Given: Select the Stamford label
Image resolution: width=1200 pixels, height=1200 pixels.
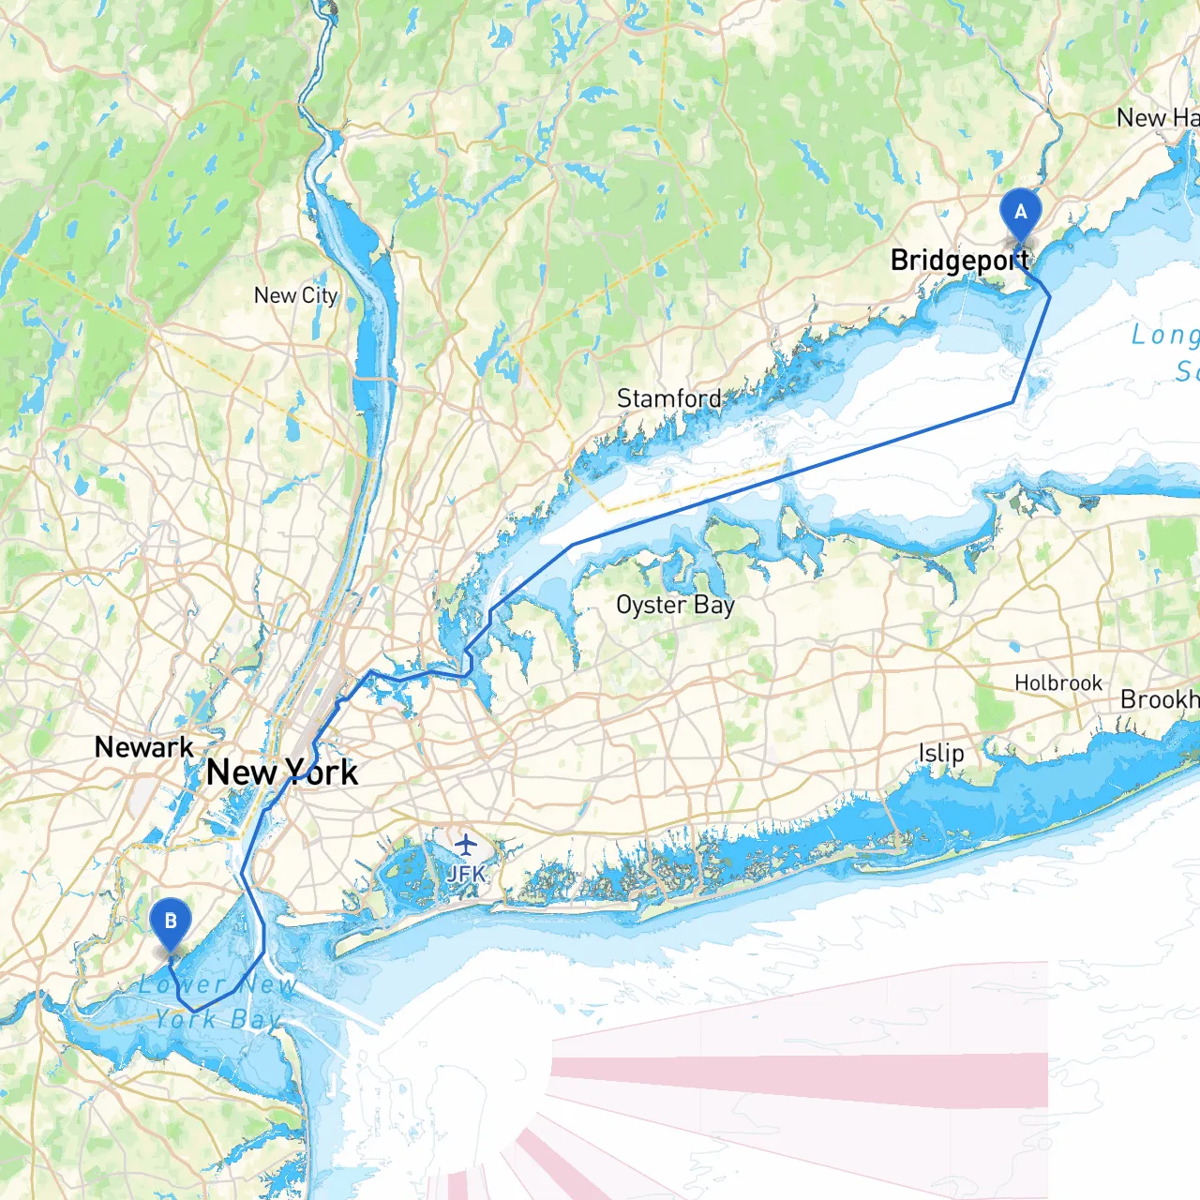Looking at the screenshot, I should (x=669, y=398).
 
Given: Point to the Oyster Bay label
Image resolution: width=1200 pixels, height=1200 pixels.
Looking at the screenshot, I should (x=675, y=606).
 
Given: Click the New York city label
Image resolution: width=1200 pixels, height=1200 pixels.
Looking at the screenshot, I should (x=282, y=772).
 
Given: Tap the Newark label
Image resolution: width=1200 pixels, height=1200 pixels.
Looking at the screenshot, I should (x=144, y=747).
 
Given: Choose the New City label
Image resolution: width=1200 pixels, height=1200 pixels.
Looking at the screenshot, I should (x=295, y=295).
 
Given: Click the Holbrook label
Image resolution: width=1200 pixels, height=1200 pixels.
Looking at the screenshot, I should (x=1058, y=683).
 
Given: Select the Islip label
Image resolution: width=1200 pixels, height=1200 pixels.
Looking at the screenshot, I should (x=941, y=753).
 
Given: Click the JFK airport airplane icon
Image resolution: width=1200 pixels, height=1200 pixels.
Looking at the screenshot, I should (x=466, y=844).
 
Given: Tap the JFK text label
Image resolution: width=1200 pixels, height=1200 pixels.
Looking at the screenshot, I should (x=466, y=874).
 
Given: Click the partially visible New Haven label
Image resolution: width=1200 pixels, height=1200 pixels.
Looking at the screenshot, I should (x=1158, y=118).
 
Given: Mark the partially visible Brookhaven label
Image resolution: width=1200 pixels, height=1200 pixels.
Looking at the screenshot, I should (x=1160, y=700).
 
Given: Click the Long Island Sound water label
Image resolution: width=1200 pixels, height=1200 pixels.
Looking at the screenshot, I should (x=1165, y=352).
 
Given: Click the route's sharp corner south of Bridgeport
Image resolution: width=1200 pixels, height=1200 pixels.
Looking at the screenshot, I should (x=1013, y=403).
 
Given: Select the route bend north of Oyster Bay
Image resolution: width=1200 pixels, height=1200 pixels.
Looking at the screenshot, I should (x=572, y=544).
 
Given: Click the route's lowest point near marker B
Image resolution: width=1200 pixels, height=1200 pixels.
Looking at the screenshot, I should (x=194, y=1010).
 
